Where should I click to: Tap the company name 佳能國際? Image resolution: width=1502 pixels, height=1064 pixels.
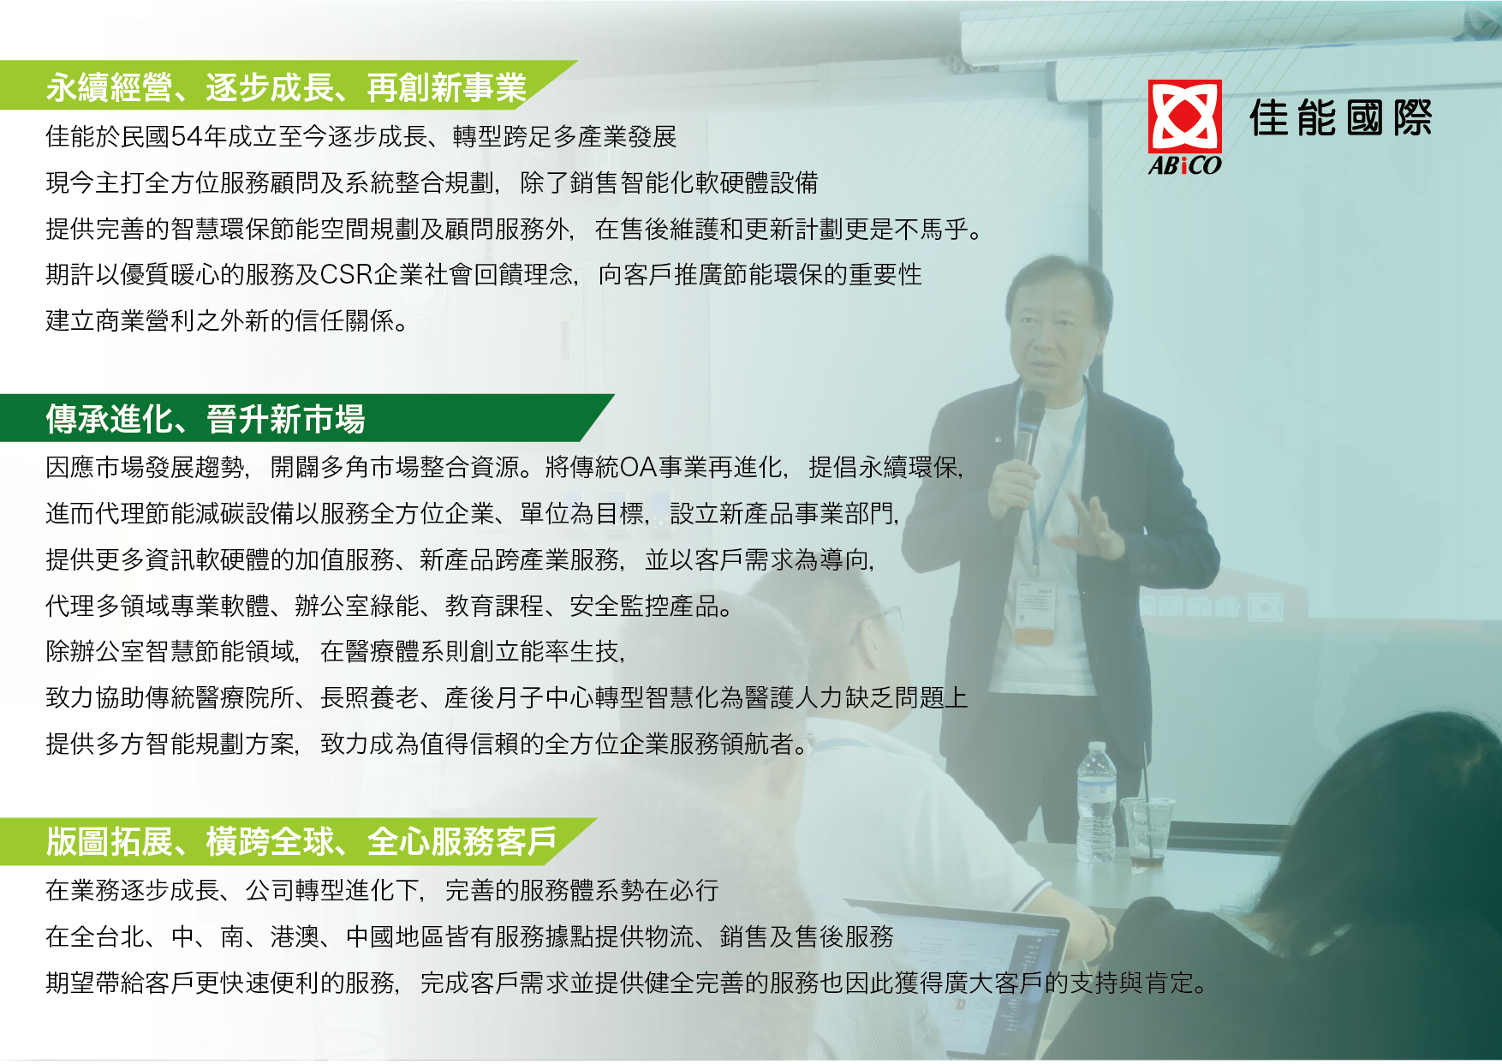1340,118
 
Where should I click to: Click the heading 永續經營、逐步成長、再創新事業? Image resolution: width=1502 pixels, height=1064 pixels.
286,87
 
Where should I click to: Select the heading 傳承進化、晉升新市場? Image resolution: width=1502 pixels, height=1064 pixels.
206,420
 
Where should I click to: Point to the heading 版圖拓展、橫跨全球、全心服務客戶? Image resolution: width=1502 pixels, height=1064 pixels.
301,842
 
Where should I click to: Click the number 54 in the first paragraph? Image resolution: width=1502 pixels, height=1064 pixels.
186,137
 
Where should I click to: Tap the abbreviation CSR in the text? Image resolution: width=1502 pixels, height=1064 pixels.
346,275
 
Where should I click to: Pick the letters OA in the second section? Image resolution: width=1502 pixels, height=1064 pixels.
639,468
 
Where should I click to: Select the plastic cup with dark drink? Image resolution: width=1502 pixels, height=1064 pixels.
1147,830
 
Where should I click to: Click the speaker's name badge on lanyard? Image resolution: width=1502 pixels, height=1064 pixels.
1034,613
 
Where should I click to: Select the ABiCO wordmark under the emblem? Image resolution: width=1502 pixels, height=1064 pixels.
1184,165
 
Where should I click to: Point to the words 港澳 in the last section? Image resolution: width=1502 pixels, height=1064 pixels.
295,937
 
